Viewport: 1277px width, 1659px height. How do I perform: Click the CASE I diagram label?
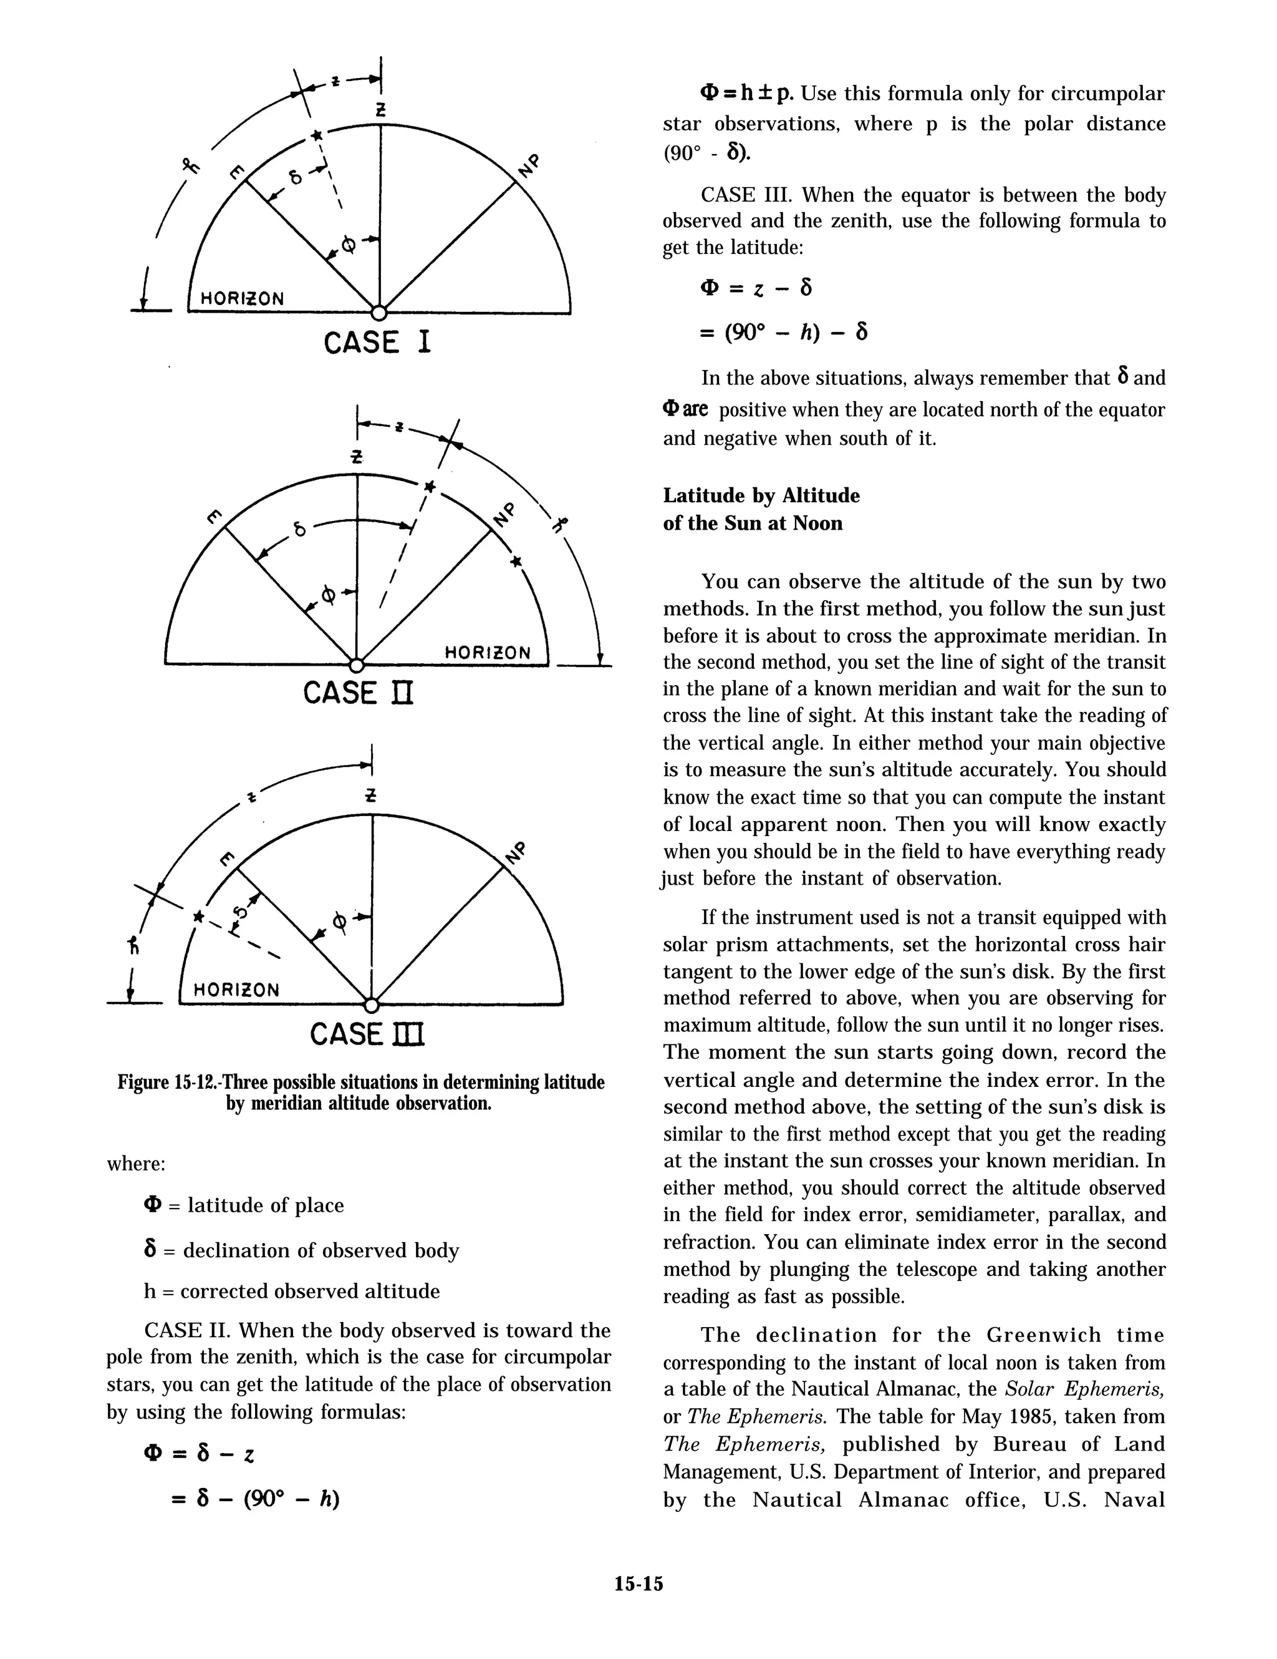(x=377, y=343)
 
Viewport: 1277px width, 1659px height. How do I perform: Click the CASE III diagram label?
(x=367, y=1034)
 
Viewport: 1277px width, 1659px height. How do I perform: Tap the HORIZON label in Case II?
(x=486, y=653)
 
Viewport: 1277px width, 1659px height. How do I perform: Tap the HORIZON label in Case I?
(x=242, y=298)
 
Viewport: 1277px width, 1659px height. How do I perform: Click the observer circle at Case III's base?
(x=371, y=1006)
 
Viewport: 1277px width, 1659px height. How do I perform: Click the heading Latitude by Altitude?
(x=761, y=495)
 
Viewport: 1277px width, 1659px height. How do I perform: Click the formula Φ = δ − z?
(x=199, y=1454)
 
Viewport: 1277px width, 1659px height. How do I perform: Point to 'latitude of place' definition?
(x=265, y=1205)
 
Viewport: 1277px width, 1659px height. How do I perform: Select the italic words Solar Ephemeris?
(x=1084, y=1389)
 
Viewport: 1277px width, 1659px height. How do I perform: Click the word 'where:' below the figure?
(x=136, y=1164)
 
